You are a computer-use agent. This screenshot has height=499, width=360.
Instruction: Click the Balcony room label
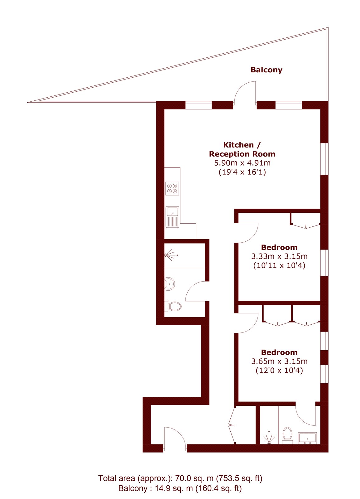click(x=266, y=70)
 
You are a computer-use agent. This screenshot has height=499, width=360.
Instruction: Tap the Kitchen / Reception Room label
click(x=242, y=149)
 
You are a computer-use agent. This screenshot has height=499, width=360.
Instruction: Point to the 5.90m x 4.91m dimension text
click(x=242, y=163)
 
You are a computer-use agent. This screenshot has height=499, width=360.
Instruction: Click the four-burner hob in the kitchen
click(x=172, y=188)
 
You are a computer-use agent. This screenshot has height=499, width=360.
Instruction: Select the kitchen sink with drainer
click(x=172, y=217)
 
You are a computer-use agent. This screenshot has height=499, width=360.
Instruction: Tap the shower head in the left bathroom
click(x=171, y=255)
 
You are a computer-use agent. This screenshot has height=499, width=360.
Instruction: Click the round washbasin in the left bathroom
click(x=170, y=284)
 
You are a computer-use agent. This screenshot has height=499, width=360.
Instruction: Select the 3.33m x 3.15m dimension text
click(x=279, y=256)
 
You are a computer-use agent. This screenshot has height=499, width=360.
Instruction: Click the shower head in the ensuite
click(x=269, y=438)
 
